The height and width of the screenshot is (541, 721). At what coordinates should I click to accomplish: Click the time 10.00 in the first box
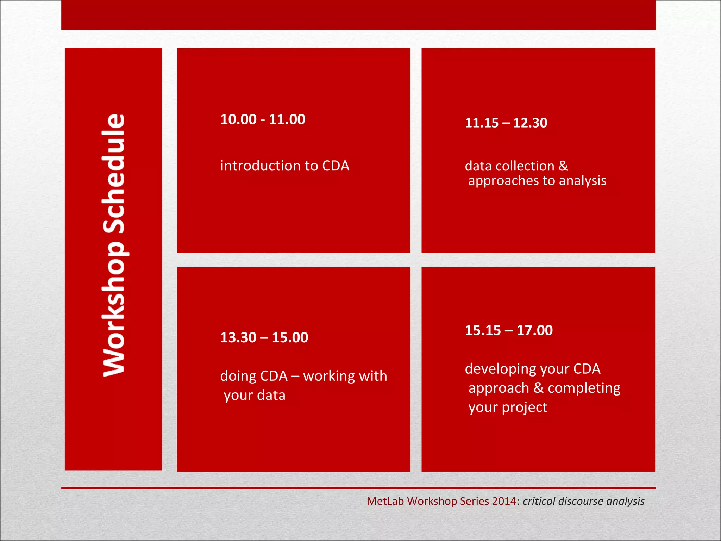[x=238, y=119]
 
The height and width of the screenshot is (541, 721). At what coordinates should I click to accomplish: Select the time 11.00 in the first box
[x=287, y=119]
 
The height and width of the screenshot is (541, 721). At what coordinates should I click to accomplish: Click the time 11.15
[x=482, y=123]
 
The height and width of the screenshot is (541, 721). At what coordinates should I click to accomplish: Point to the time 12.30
[x=530, y=123]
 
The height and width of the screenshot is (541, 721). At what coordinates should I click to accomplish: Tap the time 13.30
[x=238, y=338]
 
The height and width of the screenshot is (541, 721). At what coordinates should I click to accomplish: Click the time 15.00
[x=290, y=338]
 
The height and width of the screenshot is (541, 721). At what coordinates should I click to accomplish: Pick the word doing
[x=238, y=376]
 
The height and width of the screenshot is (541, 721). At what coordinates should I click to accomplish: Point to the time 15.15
[x=483, y=330]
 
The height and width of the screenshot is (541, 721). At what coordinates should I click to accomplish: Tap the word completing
[x=584, y=388]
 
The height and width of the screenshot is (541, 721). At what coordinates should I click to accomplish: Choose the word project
[x=525, y=408]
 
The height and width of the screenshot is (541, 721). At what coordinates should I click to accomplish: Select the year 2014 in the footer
[x=504, y=501]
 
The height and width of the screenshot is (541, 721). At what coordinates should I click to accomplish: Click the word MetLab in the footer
[x=385, y=501]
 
